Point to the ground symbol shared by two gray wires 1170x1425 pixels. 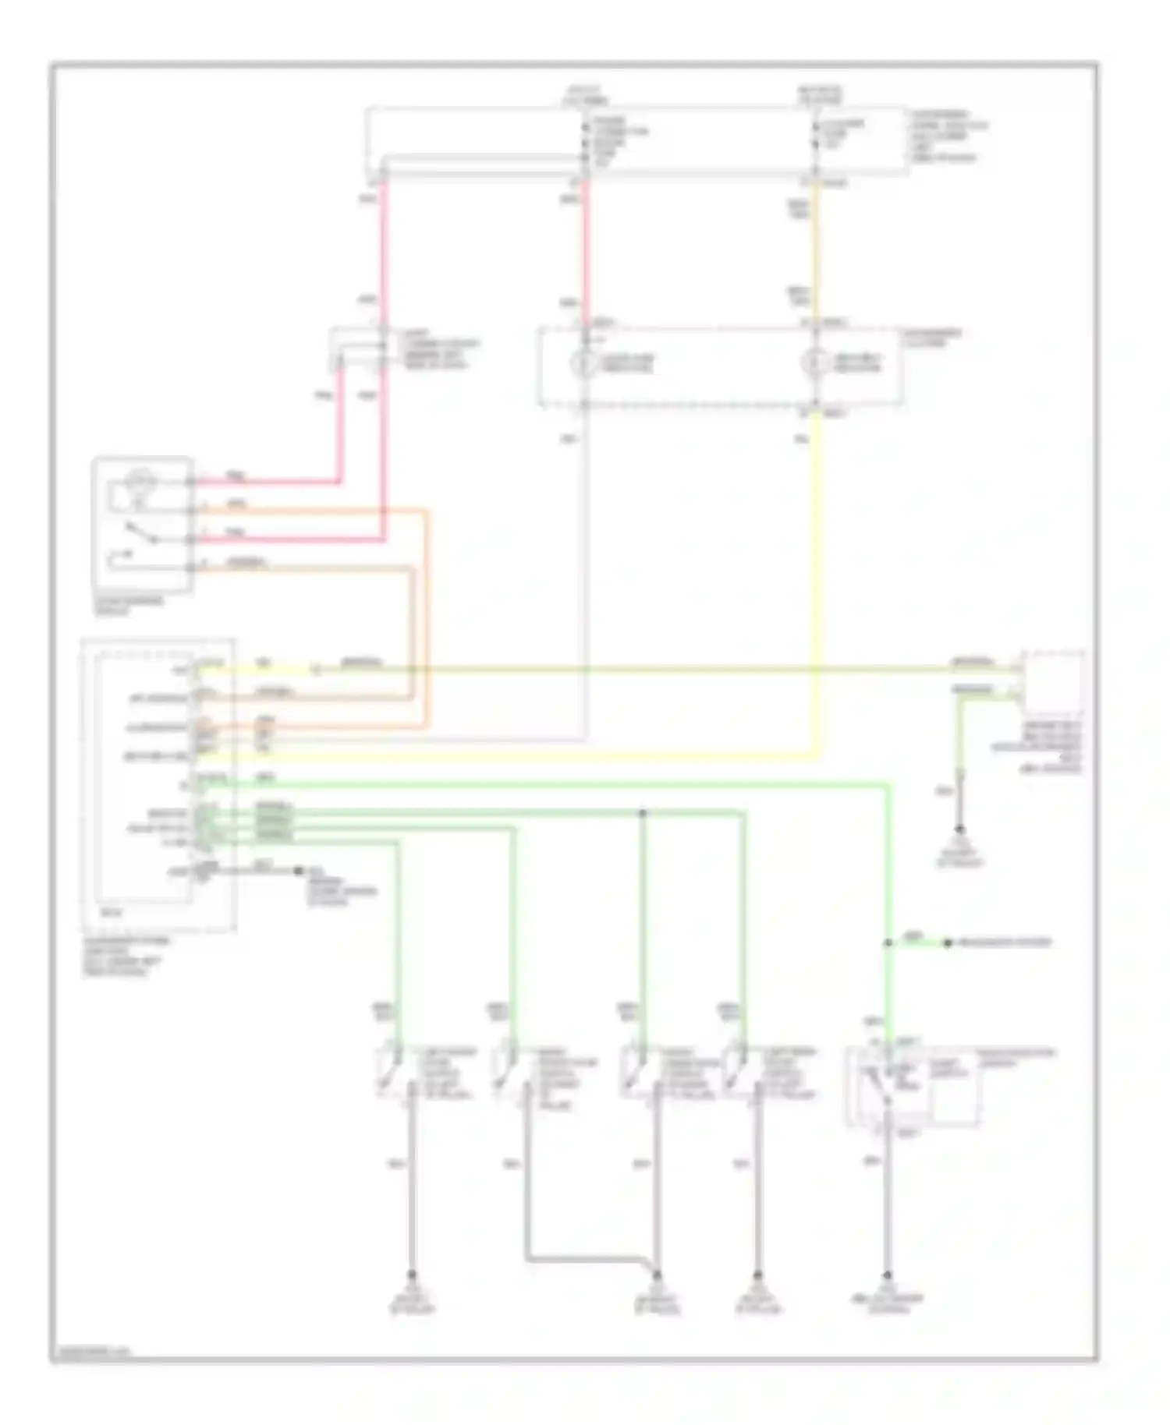(x=657, y=1275)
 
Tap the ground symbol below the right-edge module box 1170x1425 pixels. (x=959, y=829)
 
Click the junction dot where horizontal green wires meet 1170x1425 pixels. (x=643, y=813)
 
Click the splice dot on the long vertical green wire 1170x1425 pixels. (x=888, y=943)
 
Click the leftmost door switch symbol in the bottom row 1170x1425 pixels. (x=389, y=1073)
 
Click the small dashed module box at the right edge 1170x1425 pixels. (x=1053, y=683)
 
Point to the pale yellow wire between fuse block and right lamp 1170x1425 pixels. (x=816, y=257)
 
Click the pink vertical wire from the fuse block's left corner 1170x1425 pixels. (x=384, y=249)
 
